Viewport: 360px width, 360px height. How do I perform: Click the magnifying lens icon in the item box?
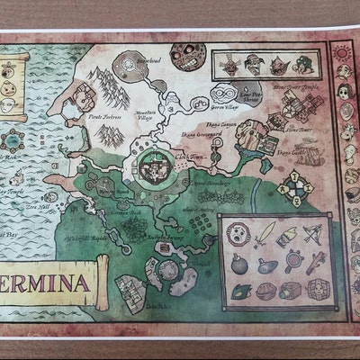(x=293, y=263)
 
